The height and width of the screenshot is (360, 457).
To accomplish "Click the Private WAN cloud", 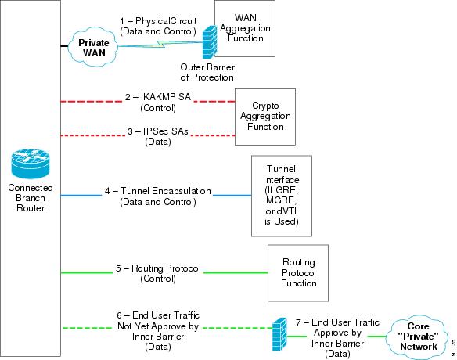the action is click(93, 47).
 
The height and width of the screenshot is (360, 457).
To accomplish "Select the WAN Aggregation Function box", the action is click(245, 28).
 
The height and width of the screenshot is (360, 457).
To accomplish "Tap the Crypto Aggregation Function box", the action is click(265, 117).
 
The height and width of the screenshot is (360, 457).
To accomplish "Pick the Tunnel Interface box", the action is click(282, 196).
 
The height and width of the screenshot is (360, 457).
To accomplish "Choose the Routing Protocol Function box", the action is click(298, 273).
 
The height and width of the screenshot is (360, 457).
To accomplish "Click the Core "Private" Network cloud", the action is click(417, 337).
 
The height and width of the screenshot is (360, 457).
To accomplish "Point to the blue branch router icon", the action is click(31, 164).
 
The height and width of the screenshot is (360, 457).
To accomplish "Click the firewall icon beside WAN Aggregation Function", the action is click(210, 42).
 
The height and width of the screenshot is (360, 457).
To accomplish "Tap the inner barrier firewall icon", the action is click(279, 334).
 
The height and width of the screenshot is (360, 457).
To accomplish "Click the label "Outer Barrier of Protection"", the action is click(207, 72).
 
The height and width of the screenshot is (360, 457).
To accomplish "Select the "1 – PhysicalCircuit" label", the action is click(158, 21).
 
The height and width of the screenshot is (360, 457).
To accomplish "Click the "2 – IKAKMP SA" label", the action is click(157, 97).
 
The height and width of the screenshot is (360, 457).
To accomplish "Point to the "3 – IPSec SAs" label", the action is click(157, 131).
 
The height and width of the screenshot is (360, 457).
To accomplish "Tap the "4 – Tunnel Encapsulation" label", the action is click(157, 191).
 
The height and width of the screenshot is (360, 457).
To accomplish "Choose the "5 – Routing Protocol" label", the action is click(158, 268).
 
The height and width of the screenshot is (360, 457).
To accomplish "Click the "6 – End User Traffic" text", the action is click(158, 315).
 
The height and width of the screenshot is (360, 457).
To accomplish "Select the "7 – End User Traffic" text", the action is click(337, 322).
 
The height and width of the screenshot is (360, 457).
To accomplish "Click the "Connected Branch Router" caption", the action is click(31, 198).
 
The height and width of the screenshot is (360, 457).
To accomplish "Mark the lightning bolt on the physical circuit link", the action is click(160, 45).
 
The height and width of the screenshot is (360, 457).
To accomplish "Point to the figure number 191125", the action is click(453, 349).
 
